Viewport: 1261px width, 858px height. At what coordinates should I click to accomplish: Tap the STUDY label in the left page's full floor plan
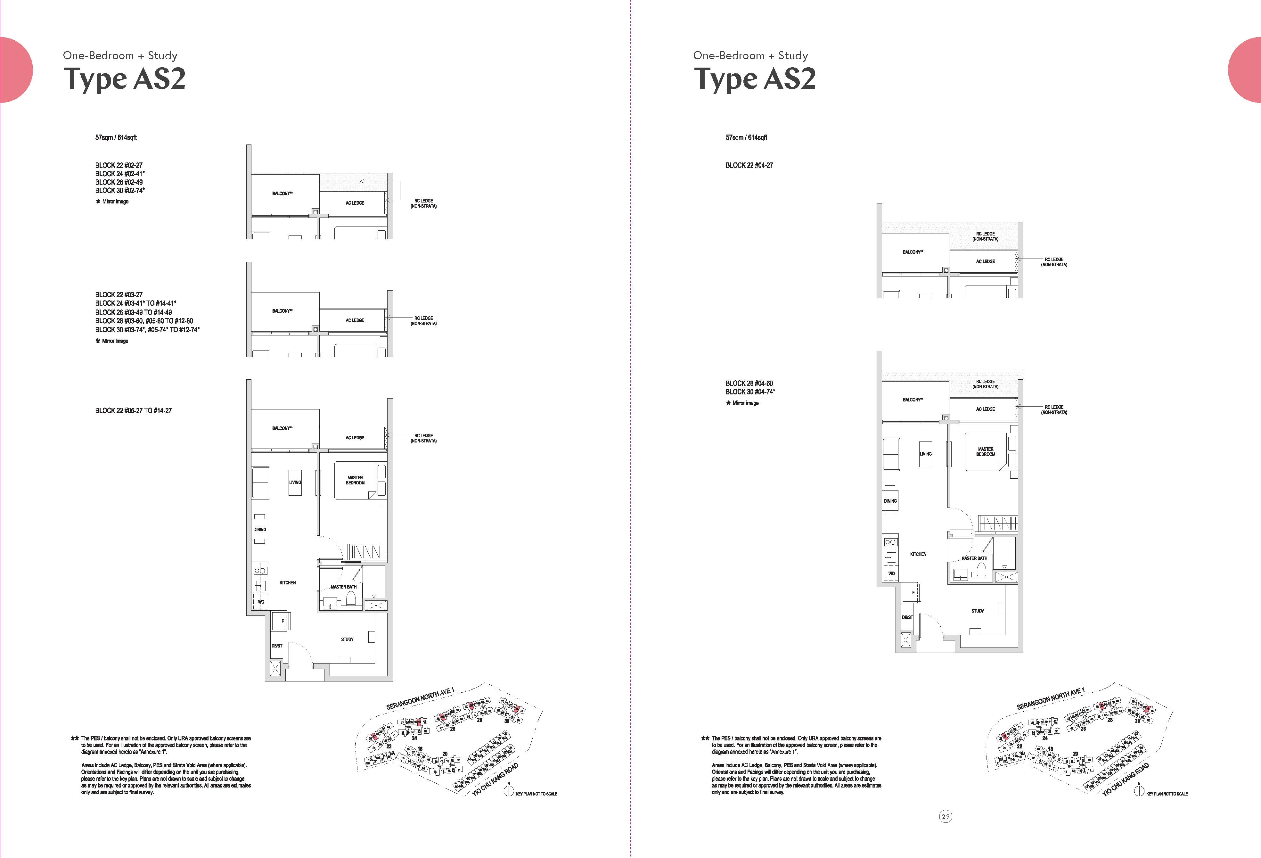point(347,639)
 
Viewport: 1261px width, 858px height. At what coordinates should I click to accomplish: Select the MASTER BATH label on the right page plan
point(974,558)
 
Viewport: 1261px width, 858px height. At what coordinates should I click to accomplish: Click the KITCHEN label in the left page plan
point(288,582)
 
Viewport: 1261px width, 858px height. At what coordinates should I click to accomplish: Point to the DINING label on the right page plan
point(890,501)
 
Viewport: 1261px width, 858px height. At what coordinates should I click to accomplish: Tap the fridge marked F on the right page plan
point(913,593)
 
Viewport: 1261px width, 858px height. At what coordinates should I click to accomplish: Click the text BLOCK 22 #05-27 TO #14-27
point(134,411)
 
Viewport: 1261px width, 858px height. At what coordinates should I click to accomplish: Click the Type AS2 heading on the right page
point(754,79)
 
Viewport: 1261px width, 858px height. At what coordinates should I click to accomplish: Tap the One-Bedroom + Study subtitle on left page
point(120,55)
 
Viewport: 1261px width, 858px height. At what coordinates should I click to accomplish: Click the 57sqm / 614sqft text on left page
point(116,138)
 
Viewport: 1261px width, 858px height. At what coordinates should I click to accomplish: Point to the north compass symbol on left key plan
point(508,791)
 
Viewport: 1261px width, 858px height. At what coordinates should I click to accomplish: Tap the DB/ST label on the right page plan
point(907,617)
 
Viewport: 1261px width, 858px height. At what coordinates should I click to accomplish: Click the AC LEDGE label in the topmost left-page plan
point(355,203)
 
